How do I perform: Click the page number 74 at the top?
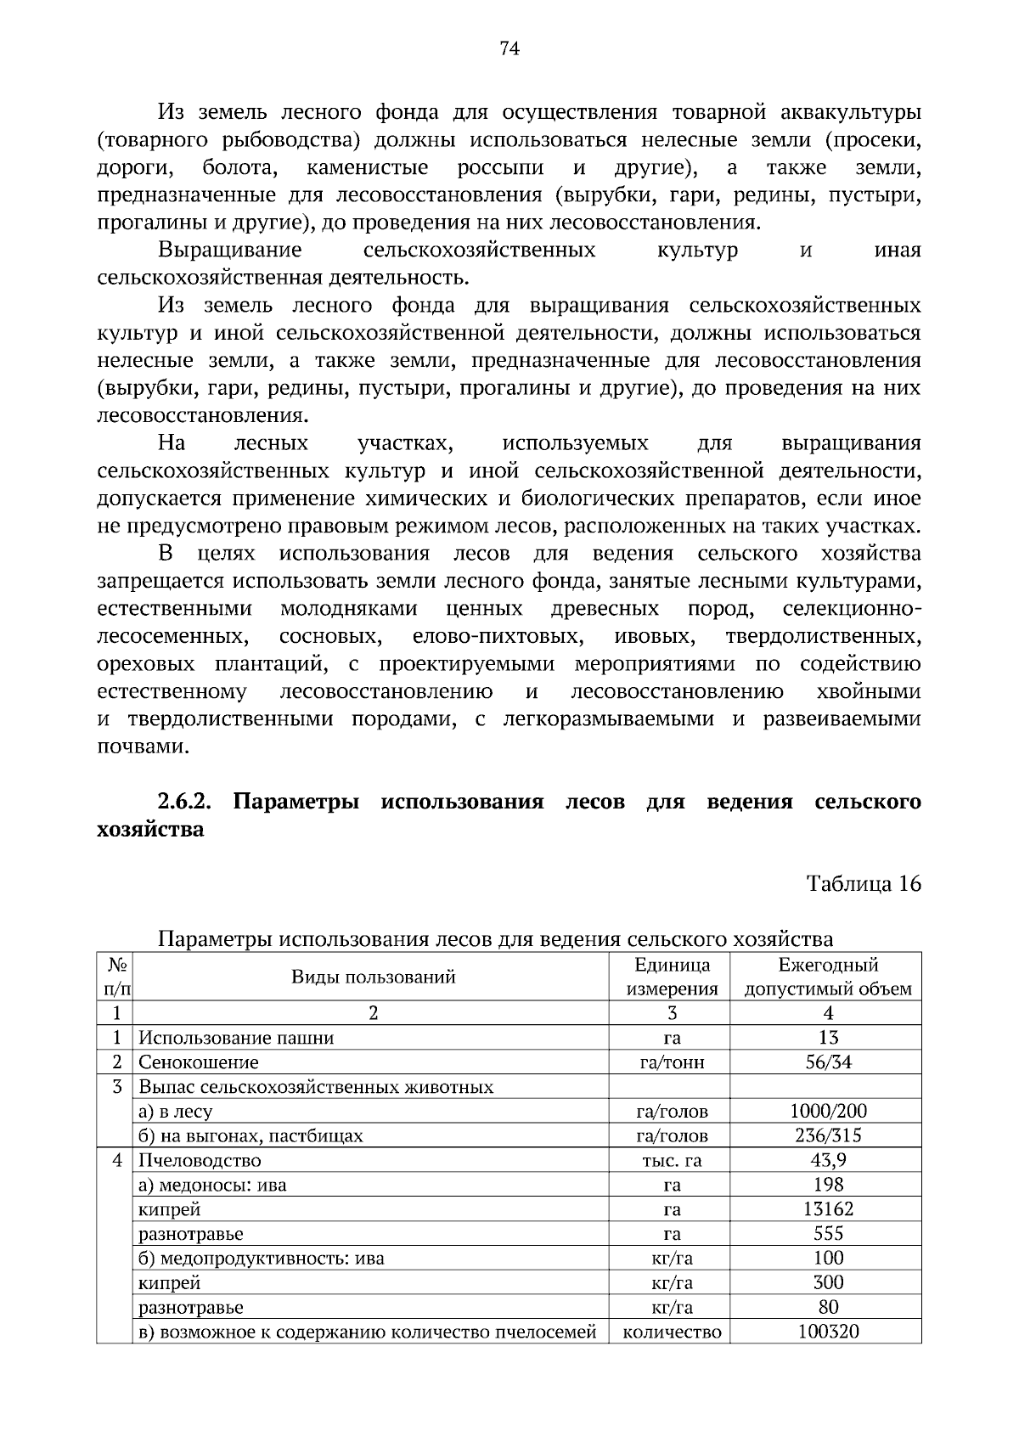(x=509, y=48)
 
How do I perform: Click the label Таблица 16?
(x=863, y=884)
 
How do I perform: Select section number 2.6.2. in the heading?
(x=184, y=802)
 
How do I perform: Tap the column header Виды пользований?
(x=373, y=977)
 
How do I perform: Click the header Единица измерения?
(x=672, y=977)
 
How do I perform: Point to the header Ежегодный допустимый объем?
(x=828, y=977)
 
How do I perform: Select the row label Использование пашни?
(x=236, y=1038)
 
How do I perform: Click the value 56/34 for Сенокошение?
(x=828, y=1062)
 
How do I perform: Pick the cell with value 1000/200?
(x=828, y=1111)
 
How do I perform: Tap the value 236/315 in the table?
(x=828, y=1135)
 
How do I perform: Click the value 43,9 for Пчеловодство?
(x=828, y=1160)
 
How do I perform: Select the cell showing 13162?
(x=828, y=1209)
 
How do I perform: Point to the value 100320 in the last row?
(x=828, y=1332)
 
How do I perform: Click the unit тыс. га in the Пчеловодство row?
(x=672, y=1160)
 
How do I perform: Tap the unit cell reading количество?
(x=672, y=1332)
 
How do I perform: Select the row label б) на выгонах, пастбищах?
(x=251, y=1135)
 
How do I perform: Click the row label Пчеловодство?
(x=200, y=1160)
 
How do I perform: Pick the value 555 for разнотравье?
(x=828, y=1233)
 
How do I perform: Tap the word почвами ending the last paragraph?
(x=141, y=746)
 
